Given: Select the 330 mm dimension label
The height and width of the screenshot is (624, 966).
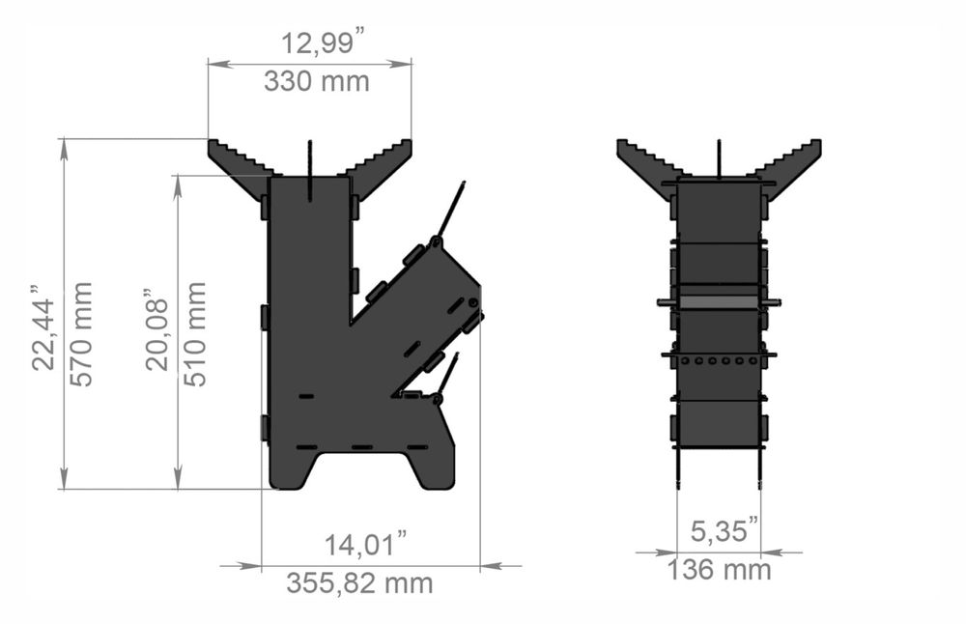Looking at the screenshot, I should coord(316,81).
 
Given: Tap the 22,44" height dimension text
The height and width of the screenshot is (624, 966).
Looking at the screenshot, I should coord(43,327).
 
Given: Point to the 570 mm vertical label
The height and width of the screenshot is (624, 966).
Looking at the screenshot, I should coord(83,333).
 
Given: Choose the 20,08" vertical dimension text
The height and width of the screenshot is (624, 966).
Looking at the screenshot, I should coord(157,328).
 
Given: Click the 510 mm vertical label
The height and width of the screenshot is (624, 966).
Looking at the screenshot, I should coord(196,333).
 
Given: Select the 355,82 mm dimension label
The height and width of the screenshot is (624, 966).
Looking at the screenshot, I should coord(359,583).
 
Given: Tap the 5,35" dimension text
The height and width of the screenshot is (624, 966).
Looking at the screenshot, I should coord(724,530).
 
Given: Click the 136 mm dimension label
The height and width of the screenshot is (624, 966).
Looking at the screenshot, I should coord(719,570).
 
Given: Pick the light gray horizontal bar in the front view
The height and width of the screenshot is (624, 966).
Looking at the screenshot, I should coord(718,302).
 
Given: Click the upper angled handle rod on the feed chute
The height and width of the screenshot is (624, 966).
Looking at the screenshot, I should coord(451,207).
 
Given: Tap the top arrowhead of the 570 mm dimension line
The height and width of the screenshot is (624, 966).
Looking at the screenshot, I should coord(65,146).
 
